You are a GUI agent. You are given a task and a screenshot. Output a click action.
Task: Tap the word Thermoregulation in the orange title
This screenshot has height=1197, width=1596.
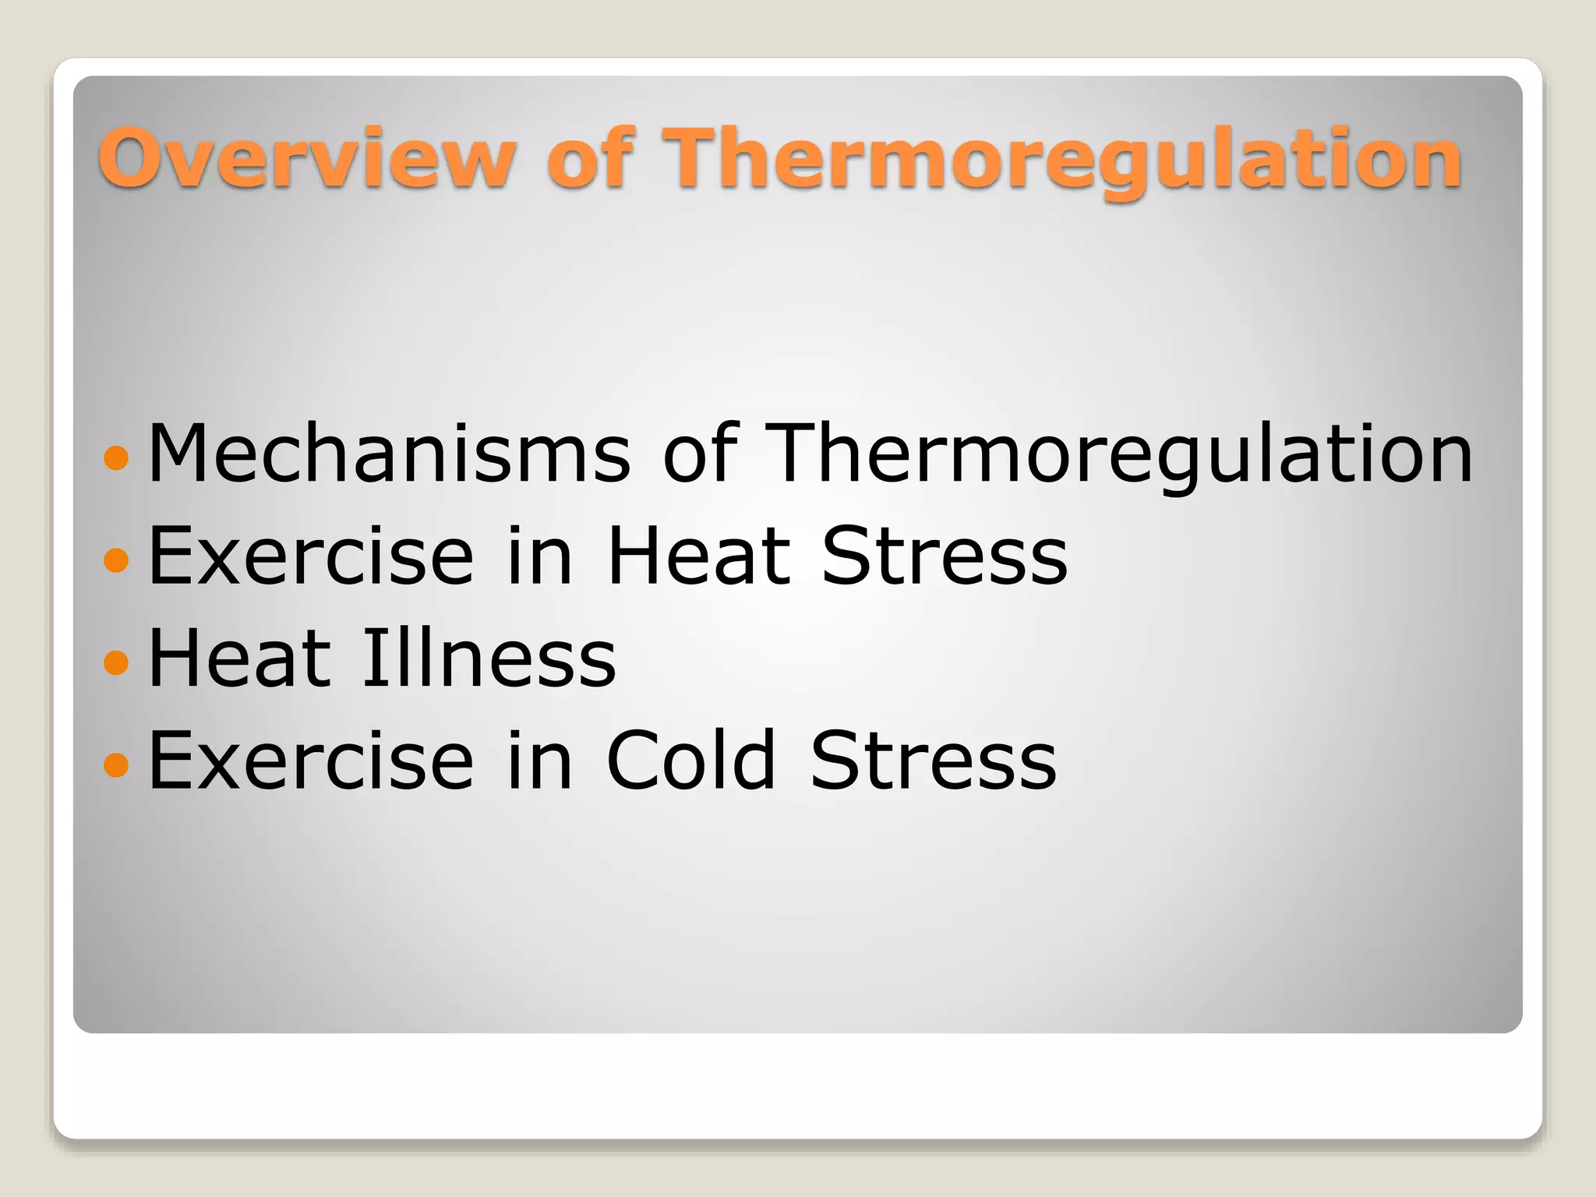pos(1065,160)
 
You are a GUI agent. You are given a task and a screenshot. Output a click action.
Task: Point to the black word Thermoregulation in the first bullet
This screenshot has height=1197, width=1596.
pos(1119,455)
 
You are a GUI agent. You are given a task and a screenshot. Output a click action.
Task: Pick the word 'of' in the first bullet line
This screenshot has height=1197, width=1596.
pos(699,454)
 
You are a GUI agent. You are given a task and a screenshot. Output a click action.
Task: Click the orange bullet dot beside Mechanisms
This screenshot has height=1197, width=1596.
pos(115,457)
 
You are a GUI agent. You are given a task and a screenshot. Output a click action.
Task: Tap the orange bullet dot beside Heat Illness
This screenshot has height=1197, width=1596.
pos(115,662)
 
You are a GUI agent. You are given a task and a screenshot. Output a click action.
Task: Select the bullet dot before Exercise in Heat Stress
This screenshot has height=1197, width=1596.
pos(115,560)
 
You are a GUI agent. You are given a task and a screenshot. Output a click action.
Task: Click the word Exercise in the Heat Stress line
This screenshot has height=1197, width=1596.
pos(311,556)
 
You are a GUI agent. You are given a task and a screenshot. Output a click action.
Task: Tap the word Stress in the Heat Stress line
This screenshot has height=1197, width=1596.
pos(945,556)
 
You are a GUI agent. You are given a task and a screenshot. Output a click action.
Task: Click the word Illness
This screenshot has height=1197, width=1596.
pos(489,659)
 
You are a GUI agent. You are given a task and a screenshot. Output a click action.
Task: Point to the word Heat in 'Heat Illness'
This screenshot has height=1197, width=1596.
pos(239,659)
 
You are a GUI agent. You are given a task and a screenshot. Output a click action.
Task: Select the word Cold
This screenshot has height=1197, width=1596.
pos(691,761)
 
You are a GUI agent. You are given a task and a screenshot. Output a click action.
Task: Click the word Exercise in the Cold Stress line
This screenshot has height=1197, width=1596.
pos(311,761)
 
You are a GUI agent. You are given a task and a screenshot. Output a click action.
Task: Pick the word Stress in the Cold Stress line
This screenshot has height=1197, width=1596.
pos(934,761)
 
